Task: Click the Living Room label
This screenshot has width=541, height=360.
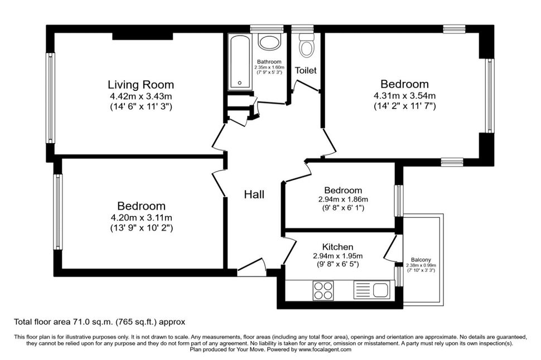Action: [141, 85]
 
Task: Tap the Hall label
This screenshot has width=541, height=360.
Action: [254, 194]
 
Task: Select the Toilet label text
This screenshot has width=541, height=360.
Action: [306, 70]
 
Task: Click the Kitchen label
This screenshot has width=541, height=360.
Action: [337, 247]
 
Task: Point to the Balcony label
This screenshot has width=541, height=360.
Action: [421, 260]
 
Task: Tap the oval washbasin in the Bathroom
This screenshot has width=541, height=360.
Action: [270, 43]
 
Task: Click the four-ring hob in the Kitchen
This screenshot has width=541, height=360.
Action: [323, 290]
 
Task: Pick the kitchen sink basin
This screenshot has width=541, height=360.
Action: [381, 290]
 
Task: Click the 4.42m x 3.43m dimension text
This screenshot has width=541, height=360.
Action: [141, 96]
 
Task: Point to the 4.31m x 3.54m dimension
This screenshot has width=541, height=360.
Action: [404, 95]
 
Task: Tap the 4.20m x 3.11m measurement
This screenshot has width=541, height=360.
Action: [141, 217]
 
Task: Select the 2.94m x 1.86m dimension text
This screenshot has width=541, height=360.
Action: [343, 200]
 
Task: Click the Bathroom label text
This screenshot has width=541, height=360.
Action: [269, 62]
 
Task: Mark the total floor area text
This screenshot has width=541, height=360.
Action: [99, 322]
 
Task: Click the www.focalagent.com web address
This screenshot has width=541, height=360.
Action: [325, 349]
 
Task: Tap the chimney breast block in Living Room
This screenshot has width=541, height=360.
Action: [142, 36]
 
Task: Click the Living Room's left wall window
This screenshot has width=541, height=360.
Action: [51, 98]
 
